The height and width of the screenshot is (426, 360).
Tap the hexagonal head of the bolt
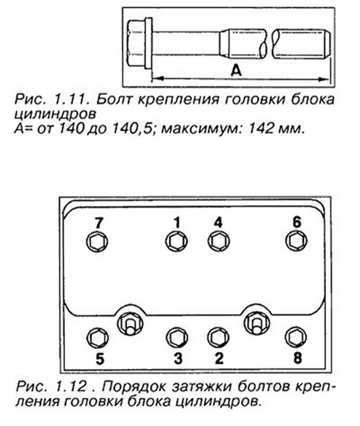tap(137, 40)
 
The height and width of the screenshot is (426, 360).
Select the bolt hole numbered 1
tap(175, 242)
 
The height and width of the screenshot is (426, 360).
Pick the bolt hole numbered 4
tap(217, 242)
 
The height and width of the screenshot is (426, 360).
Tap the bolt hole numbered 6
tap(295, 242)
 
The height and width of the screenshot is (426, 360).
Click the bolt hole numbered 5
tap(96, 336)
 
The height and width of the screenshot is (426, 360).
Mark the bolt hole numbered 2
tap(217, 336)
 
